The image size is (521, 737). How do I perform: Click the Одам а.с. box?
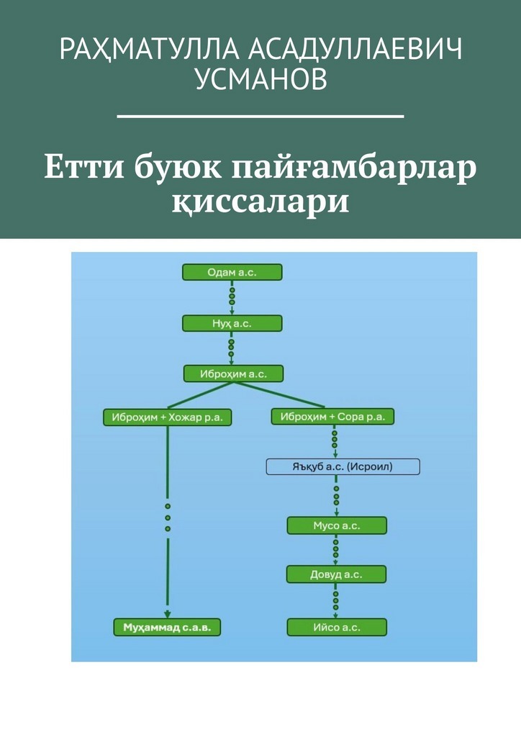click(232, 272)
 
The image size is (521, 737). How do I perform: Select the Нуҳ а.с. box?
click(232, 323)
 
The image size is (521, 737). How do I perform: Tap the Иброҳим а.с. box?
click(233, 374)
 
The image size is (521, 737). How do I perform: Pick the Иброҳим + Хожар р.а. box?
click(168, 416)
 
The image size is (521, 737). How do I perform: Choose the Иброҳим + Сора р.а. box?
click(332, 416)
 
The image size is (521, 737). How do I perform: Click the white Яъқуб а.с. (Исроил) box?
click(343, 466)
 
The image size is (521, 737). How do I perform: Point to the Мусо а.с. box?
click(337, 525)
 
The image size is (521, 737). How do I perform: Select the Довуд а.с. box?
click(337, 574)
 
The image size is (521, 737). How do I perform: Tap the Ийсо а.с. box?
click(337, 627)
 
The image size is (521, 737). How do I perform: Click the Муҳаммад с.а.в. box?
click(168, 627)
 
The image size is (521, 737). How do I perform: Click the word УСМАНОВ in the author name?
click(260, 81)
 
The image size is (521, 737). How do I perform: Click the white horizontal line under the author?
click(260, 115)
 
